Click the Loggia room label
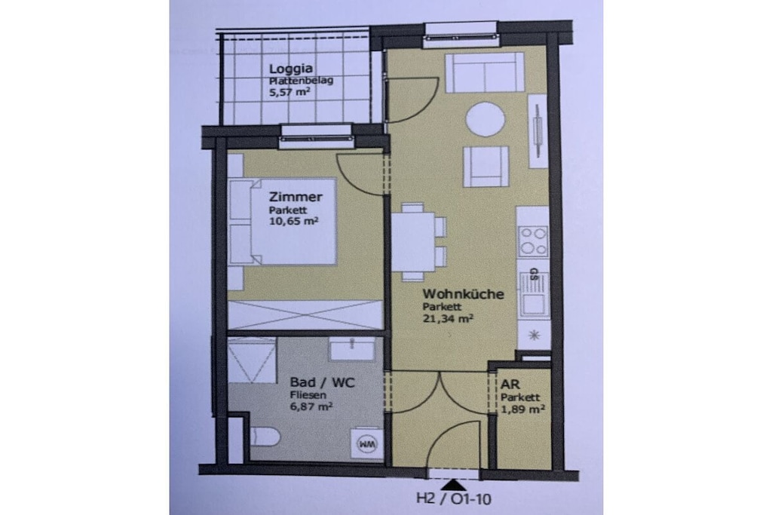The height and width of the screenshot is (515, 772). coord(290,69)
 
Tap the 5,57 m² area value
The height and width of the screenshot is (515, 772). coord(289,91)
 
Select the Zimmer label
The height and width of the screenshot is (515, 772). coord(296,197)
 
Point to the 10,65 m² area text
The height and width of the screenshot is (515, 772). coord(293,221)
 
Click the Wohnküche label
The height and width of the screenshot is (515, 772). coord(464,294)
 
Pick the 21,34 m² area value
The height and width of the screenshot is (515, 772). coord(448,318)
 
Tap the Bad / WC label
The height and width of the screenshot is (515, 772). coord(322,382)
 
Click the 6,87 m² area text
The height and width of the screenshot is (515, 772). coord(311,406)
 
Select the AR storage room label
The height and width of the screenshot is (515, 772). coord(510,385)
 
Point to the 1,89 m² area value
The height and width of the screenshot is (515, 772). coord(522,409)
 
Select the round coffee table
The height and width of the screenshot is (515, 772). coord(486,120)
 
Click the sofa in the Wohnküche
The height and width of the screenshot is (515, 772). coord(485,73)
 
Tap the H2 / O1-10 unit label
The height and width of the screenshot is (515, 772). coord(453,498)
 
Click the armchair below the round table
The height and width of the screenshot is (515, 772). coord(486,167)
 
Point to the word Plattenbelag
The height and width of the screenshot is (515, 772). coord(301,81)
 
